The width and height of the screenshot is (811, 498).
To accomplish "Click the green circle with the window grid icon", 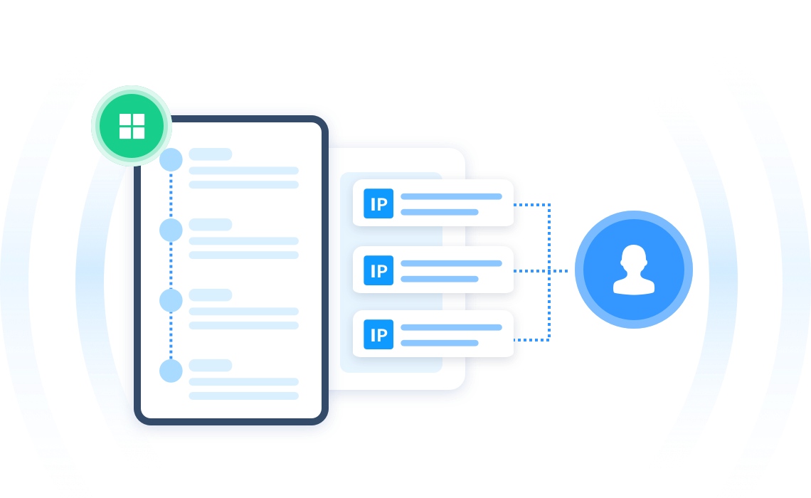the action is tap(132, 126).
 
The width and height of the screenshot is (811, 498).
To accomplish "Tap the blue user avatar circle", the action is tap(634, 270).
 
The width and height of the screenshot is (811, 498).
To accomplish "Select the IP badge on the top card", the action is tap(378, 203).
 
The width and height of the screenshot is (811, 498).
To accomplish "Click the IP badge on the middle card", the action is tap(378, 270).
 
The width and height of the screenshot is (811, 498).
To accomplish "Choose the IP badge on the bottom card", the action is tap(378, 334).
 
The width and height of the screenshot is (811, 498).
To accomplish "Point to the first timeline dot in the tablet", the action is tap(171, 159).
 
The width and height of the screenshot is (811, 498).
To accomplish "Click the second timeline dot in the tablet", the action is tap(171, 230).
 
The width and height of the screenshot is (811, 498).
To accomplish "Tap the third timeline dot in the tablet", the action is tap(171, 300).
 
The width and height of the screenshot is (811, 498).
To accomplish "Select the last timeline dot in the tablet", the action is tap(171, 371).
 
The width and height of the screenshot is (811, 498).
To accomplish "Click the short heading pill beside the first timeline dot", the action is tap(211, 154).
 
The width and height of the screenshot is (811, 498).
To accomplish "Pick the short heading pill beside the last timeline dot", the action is tap(211, 365).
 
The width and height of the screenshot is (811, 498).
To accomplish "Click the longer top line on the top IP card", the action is tap(452, 196).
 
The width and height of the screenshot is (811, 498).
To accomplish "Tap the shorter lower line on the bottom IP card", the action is tap(440, 343).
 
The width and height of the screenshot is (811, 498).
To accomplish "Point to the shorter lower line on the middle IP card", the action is tap(440, 279).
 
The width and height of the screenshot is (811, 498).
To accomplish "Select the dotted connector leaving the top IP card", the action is tap(531, 205).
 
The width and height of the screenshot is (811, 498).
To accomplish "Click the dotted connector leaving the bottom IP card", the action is tap(531, 340).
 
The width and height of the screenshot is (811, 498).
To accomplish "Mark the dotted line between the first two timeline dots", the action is tap(171, 195).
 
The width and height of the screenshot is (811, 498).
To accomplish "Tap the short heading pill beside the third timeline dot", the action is tap(211, 295).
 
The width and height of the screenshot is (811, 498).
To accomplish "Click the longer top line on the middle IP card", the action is tap(452, 263).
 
